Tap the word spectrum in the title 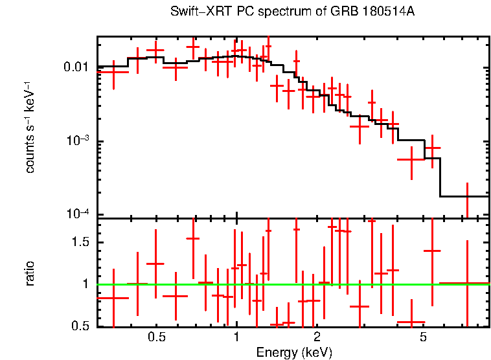(281, 12)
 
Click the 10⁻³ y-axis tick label (80, 141)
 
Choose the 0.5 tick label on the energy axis (156, 338)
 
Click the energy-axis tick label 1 (236, 338)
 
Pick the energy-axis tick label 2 (317, 338)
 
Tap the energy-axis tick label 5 (423, 338)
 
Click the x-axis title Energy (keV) (294, 352)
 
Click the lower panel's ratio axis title (30, 273)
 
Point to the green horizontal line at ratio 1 (363, 284)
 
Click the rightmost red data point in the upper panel (466, 196)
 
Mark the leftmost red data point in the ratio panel (113, 298)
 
